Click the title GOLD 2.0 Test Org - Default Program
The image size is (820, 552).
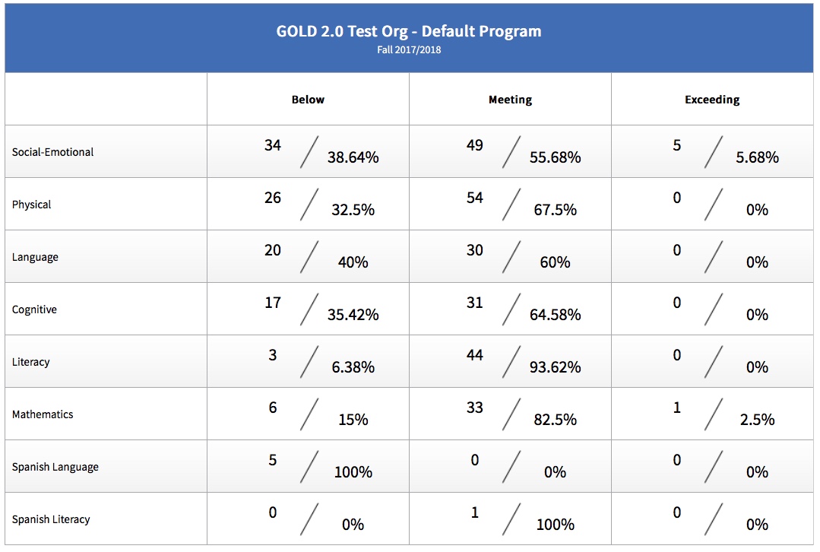click(409, 31)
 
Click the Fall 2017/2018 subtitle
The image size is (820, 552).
click(409, 50)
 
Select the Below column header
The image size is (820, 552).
click(308, 100)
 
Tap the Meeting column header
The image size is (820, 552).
click(510, 100)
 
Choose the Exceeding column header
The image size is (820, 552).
click(712, 100)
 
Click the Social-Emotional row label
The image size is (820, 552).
click(52, 152)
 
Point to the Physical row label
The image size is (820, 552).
click(31, 205)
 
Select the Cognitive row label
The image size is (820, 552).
click(34, 309)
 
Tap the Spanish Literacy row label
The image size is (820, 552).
click(51, 519)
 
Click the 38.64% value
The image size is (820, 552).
click(353, 157)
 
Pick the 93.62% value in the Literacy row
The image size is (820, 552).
click(555, 367)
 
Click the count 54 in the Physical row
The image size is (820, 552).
click(475, 198)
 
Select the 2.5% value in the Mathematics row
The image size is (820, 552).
click(757, 420)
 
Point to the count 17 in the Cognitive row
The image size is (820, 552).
click(273, 303)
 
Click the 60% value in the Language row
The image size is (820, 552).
click(555, 262)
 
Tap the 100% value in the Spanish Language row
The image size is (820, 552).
click(353, 472)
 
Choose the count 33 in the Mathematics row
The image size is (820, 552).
click(475, 408)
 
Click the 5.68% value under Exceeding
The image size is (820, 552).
click(757, 157)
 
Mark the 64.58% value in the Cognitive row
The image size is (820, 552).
click(555, 315)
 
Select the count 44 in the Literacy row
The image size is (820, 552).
click(475, 355)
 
